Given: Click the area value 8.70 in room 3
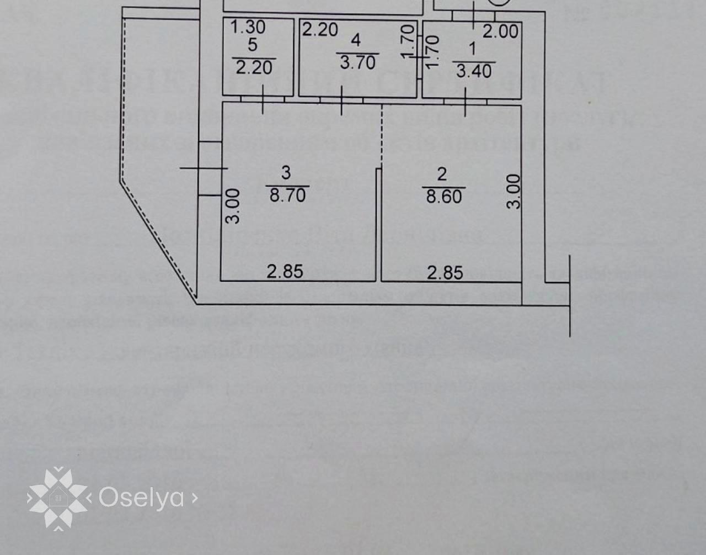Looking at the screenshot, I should coord(287,194).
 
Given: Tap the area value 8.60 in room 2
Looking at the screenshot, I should coord(443,196).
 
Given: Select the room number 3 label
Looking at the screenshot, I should coord(286,173).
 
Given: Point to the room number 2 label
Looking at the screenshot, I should coord(442,175).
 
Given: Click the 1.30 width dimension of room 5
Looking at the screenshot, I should coord(248,27).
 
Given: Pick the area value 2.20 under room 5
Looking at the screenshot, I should coord(254,67).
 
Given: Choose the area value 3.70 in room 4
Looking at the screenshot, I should coord(357,62).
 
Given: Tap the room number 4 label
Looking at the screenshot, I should coord(356,40).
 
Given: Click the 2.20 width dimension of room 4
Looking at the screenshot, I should coord(320,29).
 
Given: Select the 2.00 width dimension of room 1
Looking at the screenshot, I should coord(500,31).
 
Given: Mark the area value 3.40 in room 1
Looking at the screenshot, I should coord(474,70).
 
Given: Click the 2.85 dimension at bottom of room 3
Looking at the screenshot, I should coord(285,271).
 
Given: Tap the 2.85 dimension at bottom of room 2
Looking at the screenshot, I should coord(445,272).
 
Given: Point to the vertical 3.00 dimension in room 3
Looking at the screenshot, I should coord(234,206).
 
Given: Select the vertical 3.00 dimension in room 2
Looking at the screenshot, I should coord(514,191).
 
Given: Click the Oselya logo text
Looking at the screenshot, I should coord(141,498).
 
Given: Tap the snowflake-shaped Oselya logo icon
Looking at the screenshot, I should coord(57,498).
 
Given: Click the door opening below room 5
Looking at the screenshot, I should coord(263,100).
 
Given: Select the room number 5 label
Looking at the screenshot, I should coord(253,45).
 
